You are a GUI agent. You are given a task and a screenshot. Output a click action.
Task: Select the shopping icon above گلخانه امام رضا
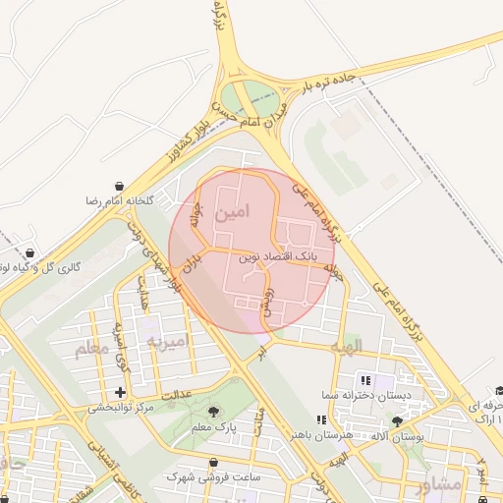120,186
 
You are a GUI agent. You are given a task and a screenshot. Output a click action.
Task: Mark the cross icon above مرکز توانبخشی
120,393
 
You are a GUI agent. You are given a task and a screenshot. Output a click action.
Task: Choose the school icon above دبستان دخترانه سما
365,379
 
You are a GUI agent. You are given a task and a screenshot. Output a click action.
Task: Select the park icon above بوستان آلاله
397,420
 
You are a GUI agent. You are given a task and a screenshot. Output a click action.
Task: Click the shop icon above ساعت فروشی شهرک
214,462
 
